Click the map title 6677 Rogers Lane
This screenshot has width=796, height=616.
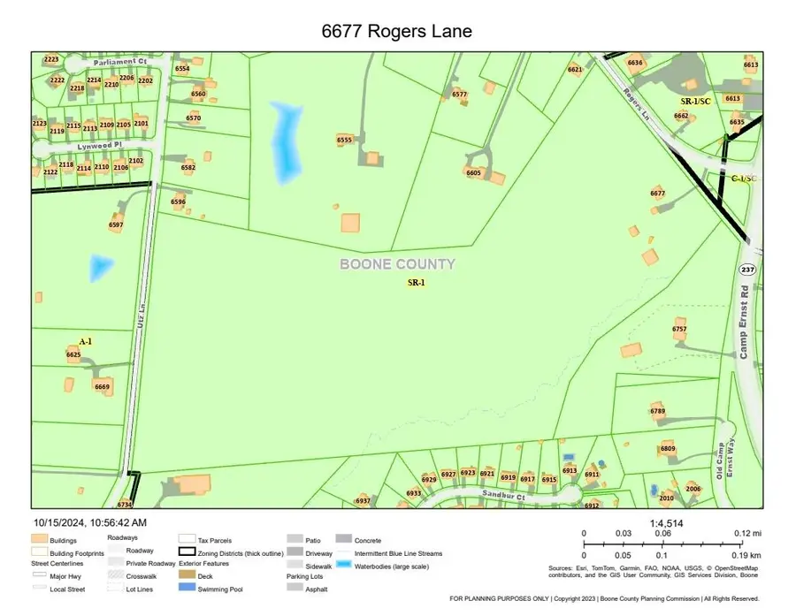pos(396,31)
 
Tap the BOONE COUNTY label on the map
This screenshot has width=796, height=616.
pos(398,264)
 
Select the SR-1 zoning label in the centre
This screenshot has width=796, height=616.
pos(416,284)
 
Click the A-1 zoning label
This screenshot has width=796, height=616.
pos(86,341)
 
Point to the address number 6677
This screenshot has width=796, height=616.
pos(657,193)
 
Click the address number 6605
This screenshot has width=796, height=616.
pos(473,173)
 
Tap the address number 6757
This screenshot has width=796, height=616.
pos(679,329)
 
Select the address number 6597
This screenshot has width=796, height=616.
pos(116,225)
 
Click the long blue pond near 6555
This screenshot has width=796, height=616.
pos(284,141)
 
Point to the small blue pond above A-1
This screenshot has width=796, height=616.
pos(100,267)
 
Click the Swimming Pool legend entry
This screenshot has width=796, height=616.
pos(219,589)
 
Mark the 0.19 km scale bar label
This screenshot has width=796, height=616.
pos(747,554)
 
